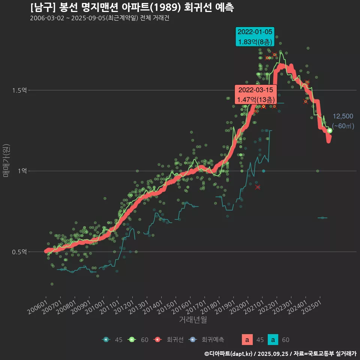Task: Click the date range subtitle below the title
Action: point(99,18)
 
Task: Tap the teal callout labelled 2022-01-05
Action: point(255,37)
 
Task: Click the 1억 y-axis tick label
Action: point(21,171)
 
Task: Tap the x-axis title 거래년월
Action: point(193,319)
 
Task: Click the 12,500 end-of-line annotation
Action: point(343,116)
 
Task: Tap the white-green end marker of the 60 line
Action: point(330,130)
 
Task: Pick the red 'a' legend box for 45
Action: point(247,340)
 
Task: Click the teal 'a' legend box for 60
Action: point(274,340)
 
